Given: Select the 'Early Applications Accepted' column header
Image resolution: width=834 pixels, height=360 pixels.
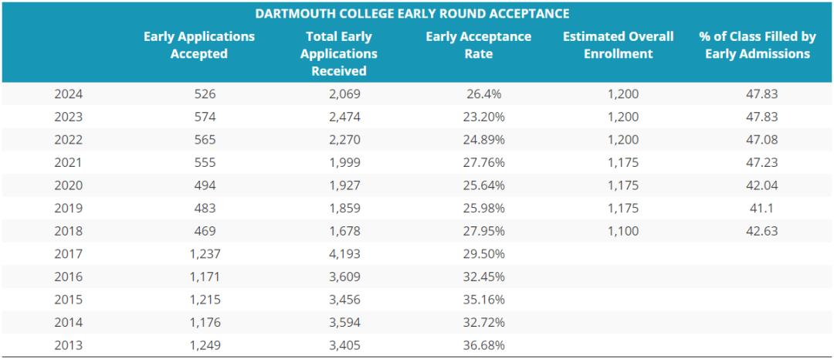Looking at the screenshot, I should click(199, 46).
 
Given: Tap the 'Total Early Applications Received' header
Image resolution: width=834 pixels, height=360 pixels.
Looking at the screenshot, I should click(339, 53).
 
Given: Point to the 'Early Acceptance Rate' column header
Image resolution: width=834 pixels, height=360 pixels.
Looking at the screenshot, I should click(479, 46).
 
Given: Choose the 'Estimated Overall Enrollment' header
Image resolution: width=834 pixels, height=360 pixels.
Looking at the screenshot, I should click(618, 46).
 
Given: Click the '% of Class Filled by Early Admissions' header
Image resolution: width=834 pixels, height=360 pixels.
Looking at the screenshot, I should click(757, 46).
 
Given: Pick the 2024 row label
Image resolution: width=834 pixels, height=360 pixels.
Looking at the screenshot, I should click(68, 94).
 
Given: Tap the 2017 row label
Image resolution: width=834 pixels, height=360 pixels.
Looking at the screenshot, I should click(68, 253).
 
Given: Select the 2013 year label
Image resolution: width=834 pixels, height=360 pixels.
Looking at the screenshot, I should click(68, 345).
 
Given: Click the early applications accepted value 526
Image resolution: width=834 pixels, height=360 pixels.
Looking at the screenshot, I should click(205, 94).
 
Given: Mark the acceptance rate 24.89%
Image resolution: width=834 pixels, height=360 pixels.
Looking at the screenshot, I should click(485, 140).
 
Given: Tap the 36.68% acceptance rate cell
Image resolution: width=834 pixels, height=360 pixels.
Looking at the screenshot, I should click(485, 345).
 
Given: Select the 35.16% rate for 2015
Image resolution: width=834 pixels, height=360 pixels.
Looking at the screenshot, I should click(485, 299).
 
